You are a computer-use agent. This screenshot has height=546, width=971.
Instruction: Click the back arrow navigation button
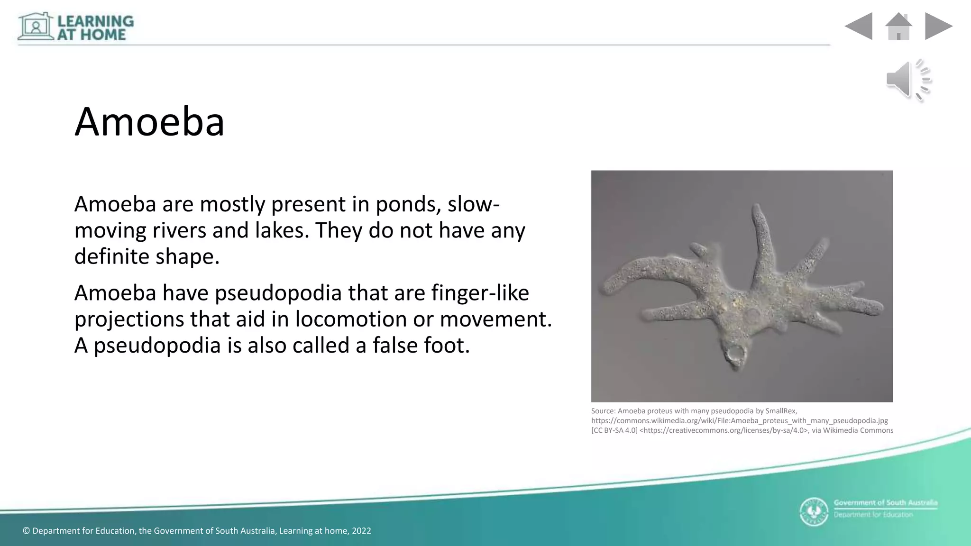coord(859,26)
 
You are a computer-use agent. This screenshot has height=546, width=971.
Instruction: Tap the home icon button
coord(898,27)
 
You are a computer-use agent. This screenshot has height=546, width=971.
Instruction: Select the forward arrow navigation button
coord(938,26)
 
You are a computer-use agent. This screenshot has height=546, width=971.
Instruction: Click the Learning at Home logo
coord(76,27)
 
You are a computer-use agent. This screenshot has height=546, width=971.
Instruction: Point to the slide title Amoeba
coord(149,122)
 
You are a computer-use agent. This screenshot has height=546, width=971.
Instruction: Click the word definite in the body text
coord(111,257)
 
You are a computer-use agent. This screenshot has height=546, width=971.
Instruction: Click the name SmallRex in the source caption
coord(781,411)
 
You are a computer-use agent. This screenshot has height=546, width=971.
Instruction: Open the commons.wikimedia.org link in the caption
coord(739,421)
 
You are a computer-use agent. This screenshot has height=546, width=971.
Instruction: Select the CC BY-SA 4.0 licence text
coord(614,430)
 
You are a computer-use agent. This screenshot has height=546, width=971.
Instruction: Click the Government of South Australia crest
coord(814,512)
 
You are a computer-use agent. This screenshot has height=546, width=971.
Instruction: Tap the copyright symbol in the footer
coord(27,531)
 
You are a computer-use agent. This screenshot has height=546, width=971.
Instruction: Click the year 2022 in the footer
coord(361,531)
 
